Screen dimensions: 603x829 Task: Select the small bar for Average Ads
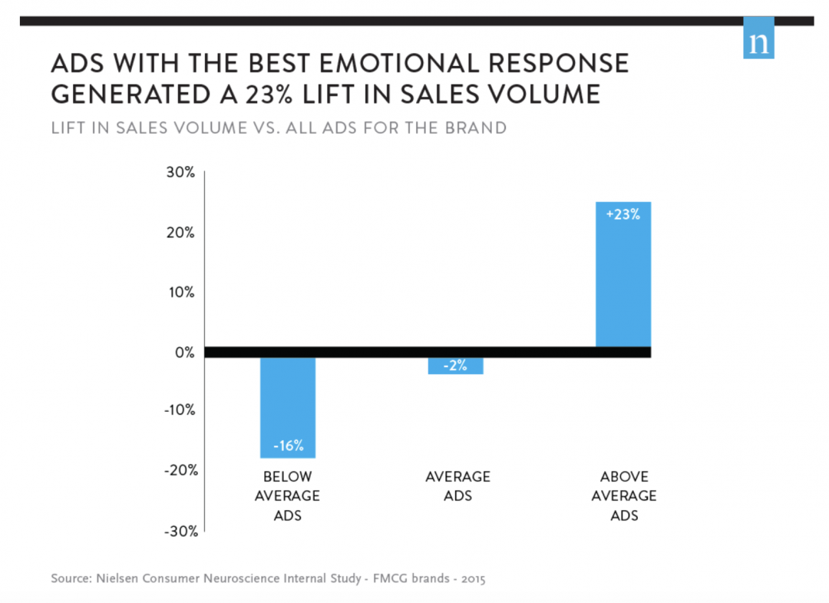(456, 366)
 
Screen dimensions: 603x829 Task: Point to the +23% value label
(623, 215)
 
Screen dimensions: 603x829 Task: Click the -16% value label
(288, 445)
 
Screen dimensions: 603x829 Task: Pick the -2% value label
(456, 366)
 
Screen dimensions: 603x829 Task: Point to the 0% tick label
(184, 353)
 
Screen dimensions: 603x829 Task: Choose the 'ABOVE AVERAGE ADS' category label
(623, 495)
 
